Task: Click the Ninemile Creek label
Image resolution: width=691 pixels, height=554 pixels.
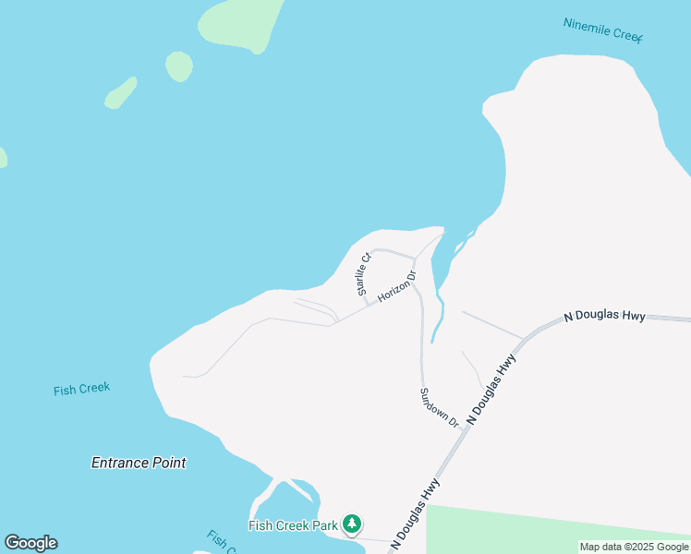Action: click(602, 30)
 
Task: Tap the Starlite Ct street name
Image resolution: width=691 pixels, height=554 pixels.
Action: click(364, 273)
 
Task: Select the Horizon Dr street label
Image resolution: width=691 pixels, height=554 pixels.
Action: click(397, 287)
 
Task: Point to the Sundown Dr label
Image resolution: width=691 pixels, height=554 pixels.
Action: click(439, 407)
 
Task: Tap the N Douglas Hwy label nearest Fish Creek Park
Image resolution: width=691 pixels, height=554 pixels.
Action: click(415, 514)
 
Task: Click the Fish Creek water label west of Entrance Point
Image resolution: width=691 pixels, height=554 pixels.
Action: click(81, 389)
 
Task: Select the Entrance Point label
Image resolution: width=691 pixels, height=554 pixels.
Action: click(139, 463)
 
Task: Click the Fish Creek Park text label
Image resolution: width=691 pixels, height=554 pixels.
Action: click(293, 525)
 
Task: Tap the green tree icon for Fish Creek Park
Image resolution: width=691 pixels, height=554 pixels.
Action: click(351, 524)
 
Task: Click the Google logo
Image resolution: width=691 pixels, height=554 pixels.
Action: click(30, 543)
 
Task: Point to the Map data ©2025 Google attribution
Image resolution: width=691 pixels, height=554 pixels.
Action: click(634, 547)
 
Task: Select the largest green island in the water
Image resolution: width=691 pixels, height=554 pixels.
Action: click(240, 20)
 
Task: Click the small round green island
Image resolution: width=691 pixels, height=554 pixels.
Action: click(178, 66)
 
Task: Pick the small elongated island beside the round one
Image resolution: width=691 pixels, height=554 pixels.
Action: click(121, 92)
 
